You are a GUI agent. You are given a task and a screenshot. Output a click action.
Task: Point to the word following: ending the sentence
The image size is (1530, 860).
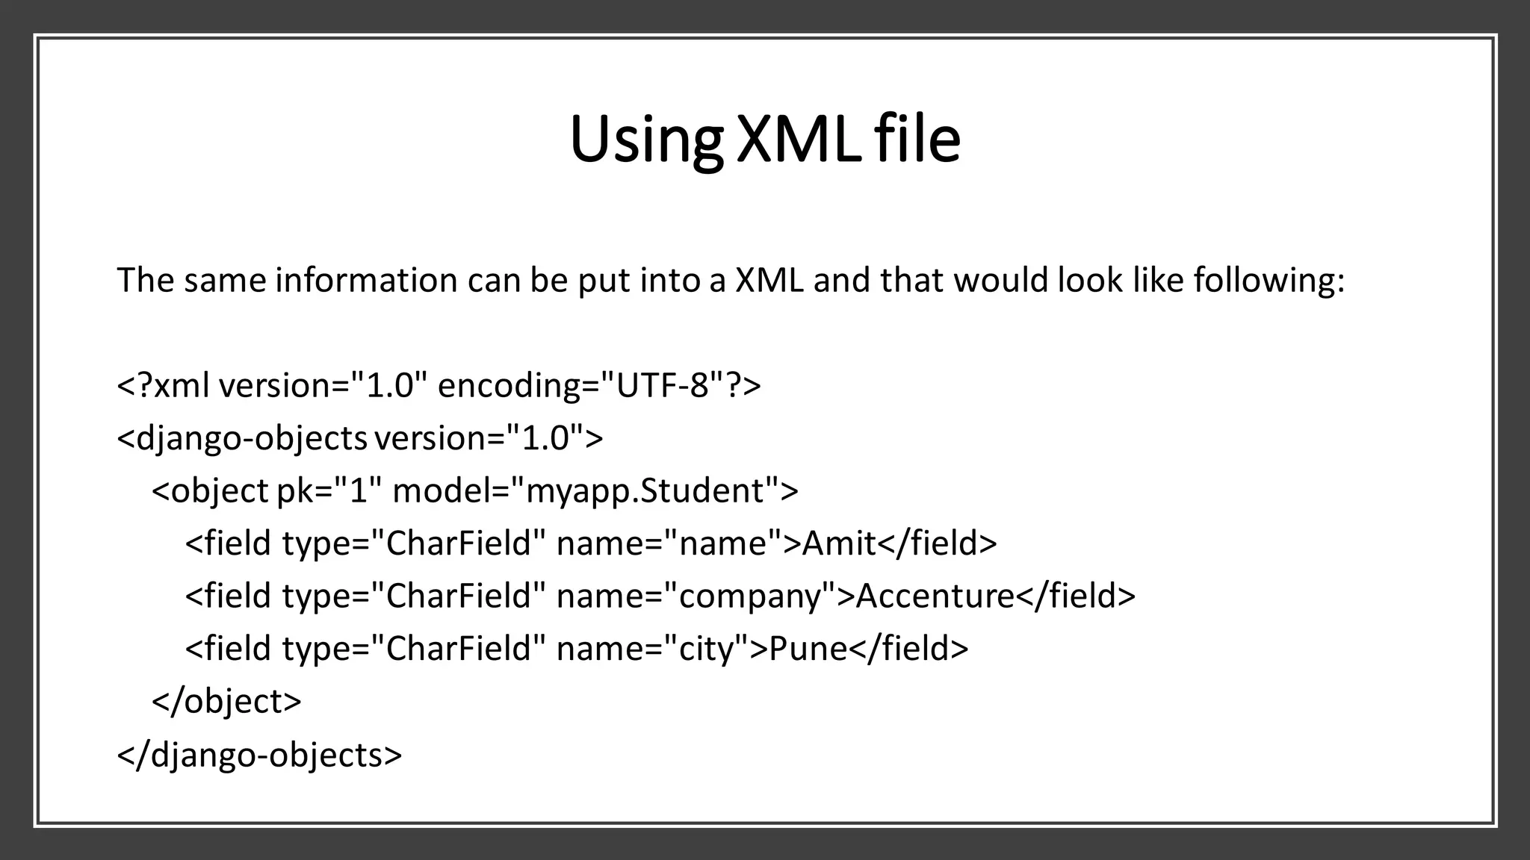[x=1269, y=281]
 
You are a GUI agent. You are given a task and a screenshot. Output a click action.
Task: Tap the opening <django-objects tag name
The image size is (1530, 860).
[x=242, y=438]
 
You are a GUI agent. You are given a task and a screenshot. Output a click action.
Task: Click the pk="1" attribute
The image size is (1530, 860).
[x=329, y=491]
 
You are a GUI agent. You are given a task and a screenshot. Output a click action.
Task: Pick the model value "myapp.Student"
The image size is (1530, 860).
[x=645, y=491]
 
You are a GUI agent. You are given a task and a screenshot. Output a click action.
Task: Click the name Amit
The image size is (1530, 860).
[x=839, y=543]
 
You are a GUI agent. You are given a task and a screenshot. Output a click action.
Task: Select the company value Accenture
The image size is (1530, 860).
[x=935, y=596]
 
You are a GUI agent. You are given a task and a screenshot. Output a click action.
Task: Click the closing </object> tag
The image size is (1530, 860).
[x=226, y=701]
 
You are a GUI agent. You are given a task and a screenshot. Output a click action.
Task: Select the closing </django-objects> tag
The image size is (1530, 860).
[x=259, y=754]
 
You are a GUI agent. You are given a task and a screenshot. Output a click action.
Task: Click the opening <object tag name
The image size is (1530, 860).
[x=210, y=491]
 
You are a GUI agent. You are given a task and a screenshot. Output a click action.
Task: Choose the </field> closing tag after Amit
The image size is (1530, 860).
[x=938, y=543]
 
